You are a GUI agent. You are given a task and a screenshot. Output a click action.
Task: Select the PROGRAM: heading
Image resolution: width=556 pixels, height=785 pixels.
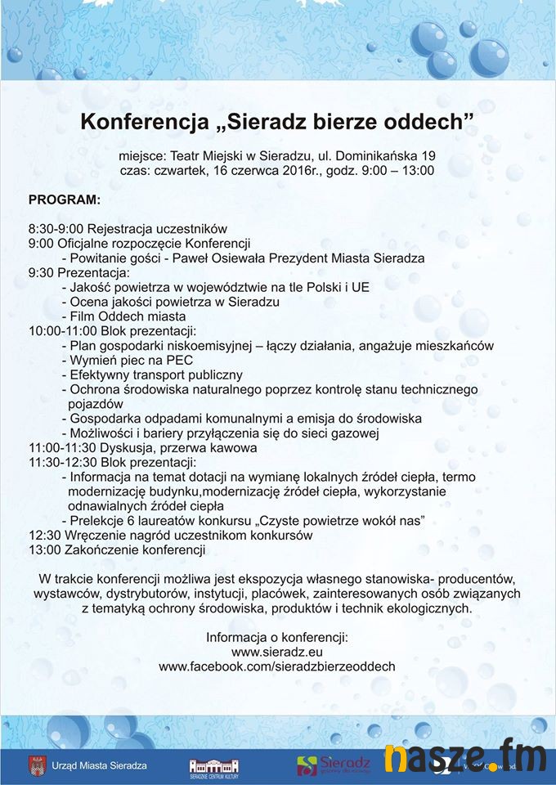click(x=65, y=200)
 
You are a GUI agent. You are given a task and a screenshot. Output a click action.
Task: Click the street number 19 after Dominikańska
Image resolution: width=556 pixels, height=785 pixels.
click(x=428, y=155)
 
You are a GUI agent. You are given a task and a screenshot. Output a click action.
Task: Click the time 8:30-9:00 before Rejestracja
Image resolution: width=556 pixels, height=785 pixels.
click(x=56, y=228)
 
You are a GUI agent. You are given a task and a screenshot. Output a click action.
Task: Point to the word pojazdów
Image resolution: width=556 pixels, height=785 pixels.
click(x=96, y=404)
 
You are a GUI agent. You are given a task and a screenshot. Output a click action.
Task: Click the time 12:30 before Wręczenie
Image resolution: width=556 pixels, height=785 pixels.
click(x=43, y=536)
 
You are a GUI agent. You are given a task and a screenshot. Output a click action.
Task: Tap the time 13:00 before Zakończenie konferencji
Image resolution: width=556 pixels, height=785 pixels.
click(x=43, y=550)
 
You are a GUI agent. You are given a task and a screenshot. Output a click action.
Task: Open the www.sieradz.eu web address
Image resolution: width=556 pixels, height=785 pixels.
click(x=277, y=652)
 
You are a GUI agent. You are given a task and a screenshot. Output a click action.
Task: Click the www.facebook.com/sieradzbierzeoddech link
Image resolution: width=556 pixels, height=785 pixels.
click(x=277, y=666)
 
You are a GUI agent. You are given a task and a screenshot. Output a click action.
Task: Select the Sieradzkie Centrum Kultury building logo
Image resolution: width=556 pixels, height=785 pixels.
click(x=214, y=765)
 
